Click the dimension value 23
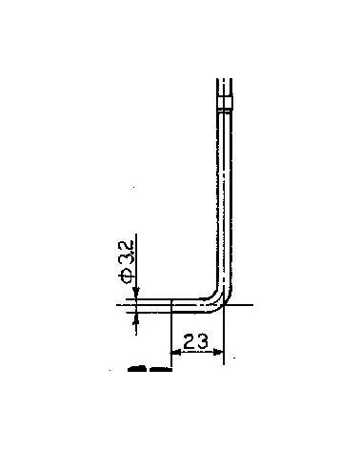tap(196, 339)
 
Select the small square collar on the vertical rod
tap(226, 103)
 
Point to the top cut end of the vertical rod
tap(226, 80)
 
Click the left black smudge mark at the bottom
tap(137, 366)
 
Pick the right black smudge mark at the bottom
tap(157, 366)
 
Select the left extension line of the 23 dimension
tap(170, 334)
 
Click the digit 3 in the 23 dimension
tap(204, 339)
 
